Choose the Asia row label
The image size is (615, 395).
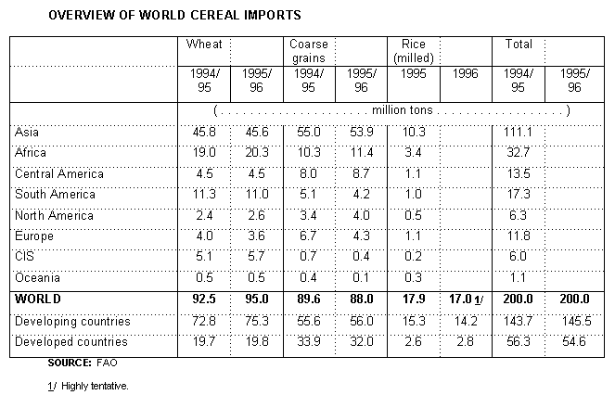coord(27,134)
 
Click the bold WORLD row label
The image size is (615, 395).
coord(38,299)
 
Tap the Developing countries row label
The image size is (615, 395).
coord(72,321)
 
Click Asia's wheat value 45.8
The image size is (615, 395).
coord(202,134)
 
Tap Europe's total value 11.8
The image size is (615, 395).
coord(516,236)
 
